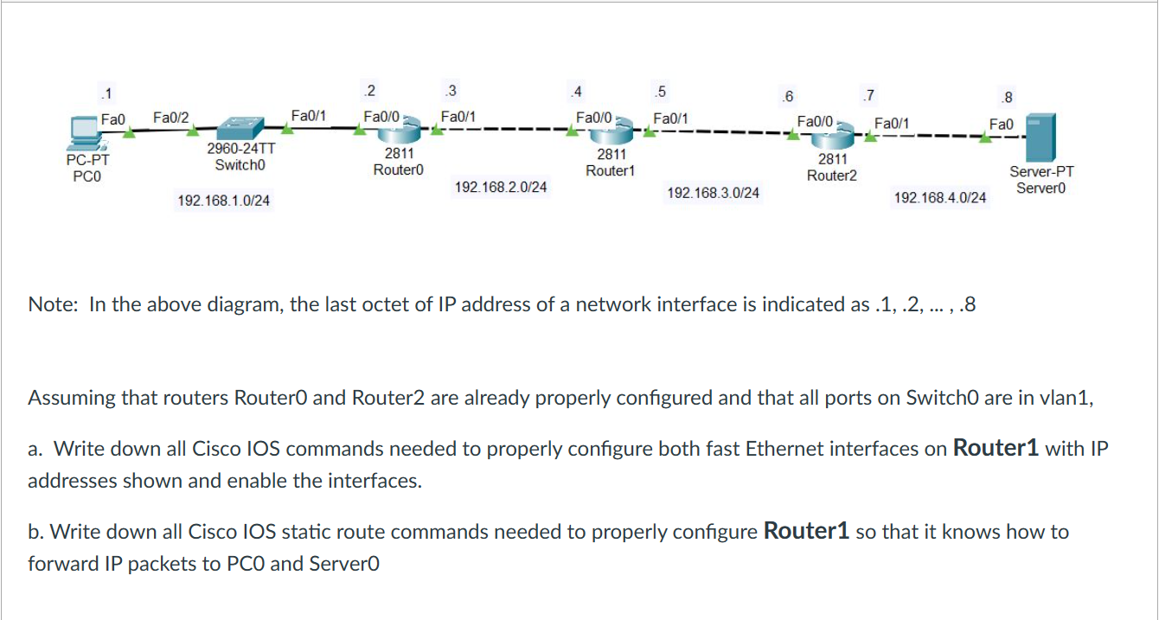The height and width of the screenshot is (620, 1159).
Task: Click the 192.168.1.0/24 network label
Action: tap(223, 201)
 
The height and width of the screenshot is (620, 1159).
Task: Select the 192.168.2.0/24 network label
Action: tap(501, 187)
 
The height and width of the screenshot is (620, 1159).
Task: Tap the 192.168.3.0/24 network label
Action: tap(714, 193)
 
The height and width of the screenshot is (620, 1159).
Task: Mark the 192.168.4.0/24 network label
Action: tap(940, 198)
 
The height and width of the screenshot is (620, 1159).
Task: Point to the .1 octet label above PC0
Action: tap(106, 93)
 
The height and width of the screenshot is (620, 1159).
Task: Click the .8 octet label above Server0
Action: tap(1003, 98)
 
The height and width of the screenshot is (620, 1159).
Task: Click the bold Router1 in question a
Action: tap(996, 448)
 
